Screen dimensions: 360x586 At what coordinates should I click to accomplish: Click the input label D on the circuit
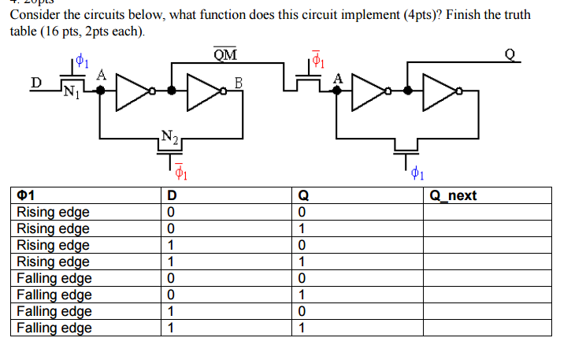(35, 82)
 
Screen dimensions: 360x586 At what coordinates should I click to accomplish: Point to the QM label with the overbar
(224, 54)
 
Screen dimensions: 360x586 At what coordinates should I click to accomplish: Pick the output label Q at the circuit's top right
(508, 55)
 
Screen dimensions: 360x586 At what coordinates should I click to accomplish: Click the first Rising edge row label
(53, 212)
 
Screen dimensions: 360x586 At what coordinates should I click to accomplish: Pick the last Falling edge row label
(54, 328)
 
